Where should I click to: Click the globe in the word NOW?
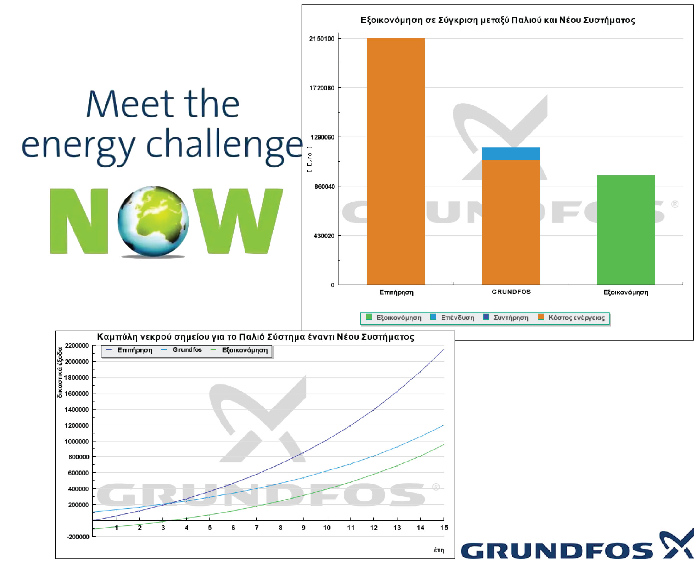point(153,222)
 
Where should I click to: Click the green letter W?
point(238,221)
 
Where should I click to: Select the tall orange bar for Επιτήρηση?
point(396,161)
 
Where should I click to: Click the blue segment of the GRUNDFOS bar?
point(511,154)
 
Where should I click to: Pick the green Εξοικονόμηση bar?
point(626,230)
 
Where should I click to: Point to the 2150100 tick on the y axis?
point(321,39)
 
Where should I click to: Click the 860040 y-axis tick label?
point(324,186)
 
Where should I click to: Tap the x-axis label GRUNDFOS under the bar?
point(511,292)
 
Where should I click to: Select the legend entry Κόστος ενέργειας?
point(571,318)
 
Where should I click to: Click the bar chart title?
point(498,20)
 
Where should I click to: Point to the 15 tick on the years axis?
point(444,528)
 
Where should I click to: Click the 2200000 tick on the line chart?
point(77,346)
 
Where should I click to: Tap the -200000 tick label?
point(78,537)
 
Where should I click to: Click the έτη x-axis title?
point(439,550)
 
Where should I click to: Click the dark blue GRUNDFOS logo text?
point(557,551)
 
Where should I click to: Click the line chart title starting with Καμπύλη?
point(255,337)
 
